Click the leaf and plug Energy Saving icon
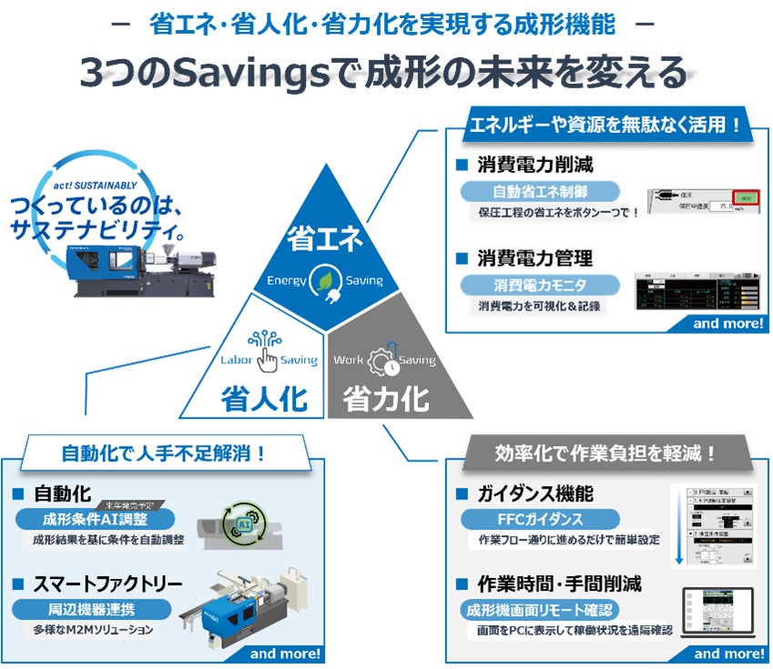pyautogui.click(x=325, y=279)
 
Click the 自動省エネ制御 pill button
pyautogui.click(x=539, y=191)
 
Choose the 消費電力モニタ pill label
pyautogui.click(x=539, y=285)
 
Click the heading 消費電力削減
pyautogui.click(x=534, y=166)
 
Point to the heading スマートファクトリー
pyautogui.click(x=107, y=583)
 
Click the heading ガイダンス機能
pyautogui.click(x=534, y=494)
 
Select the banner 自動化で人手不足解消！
pyautogui.click(x=164, y=451)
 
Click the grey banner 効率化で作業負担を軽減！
pyautogui.click(x=605, y=451)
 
